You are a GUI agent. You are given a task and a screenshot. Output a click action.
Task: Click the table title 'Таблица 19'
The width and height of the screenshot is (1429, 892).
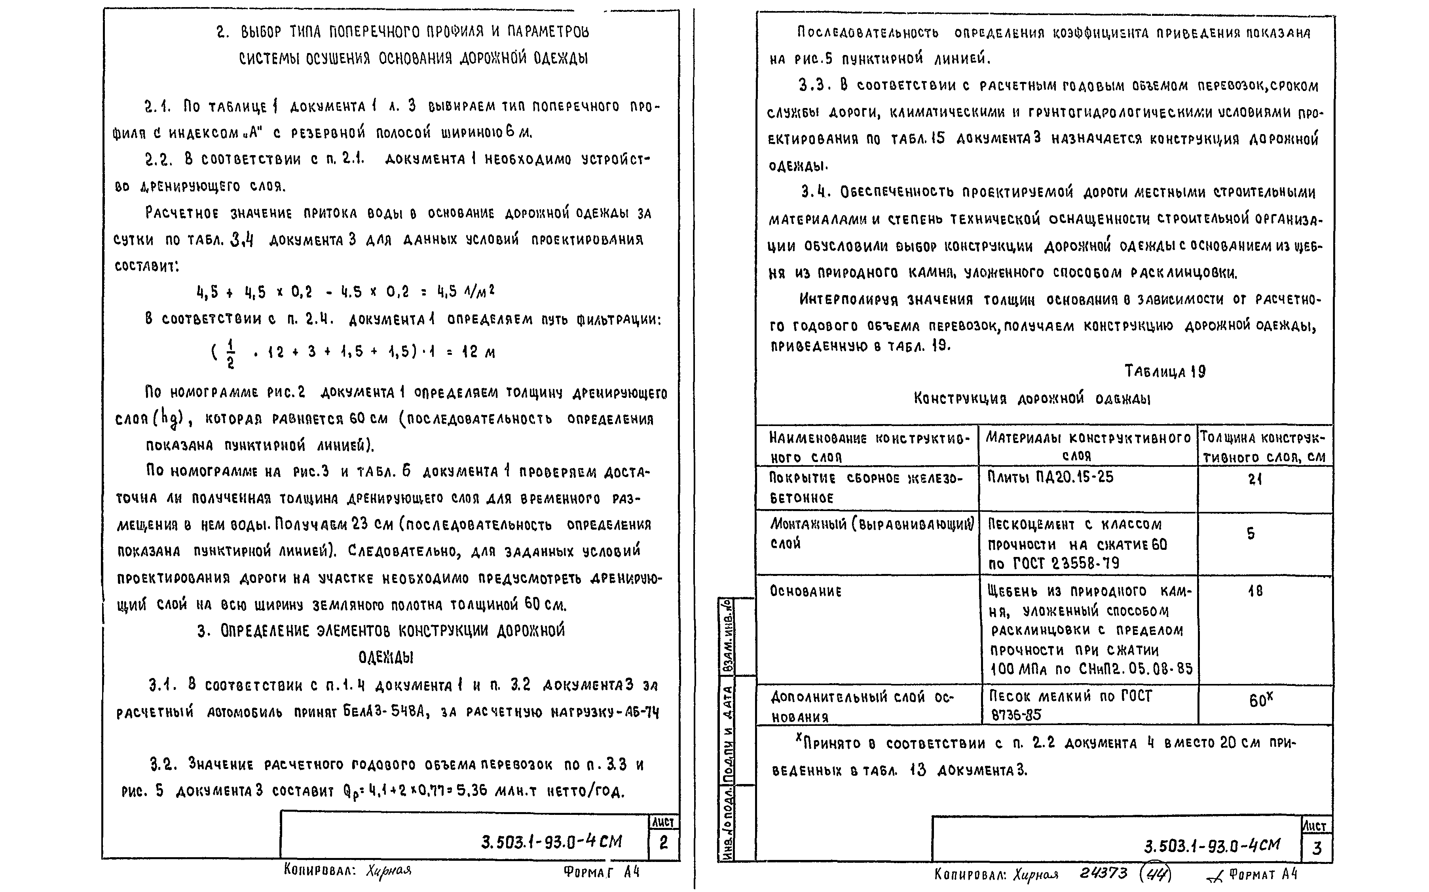pos(1165,372)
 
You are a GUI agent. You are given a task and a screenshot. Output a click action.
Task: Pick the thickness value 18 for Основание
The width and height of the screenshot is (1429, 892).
pos(1255,591)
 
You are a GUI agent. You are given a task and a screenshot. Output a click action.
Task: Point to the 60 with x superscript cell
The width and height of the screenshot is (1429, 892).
pos(1260,700)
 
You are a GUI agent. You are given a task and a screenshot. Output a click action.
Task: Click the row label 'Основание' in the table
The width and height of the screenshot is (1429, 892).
pos(805,591)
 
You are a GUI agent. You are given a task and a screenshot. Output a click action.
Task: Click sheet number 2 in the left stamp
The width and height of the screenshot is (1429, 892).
pos(664,844)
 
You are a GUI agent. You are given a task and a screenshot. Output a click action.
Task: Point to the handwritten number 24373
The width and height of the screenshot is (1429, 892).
pos(1103,873)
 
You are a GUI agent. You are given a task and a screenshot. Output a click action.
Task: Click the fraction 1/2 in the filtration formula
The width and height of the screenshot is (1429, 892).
pos(230,353)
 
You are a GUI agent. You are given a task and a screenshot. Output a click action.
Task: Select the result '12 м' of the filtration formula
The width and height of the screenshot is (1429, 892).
pos(478,353)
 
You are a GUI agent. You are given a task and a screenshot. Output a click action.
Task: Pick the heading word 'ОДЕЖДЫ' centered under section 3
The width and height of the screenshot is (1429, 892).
pos(385,657)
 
